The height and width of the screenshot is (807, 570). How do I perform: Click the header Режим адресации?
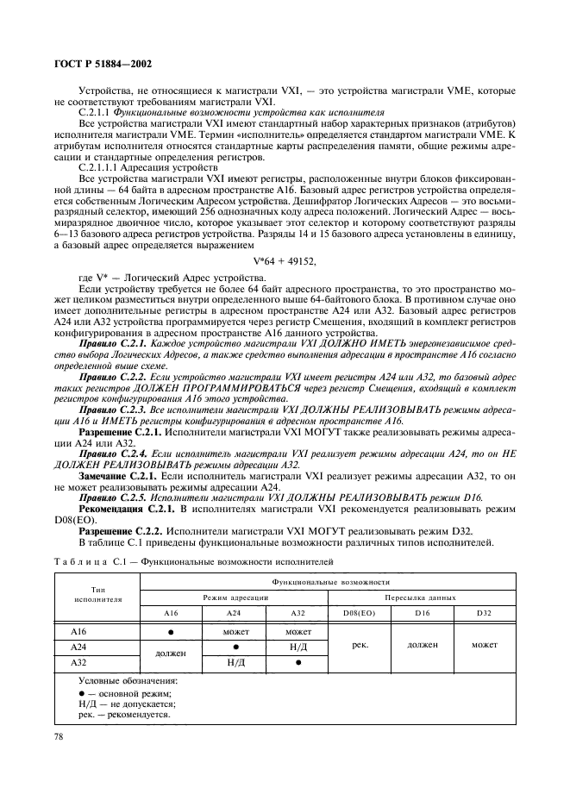click(x=234, y=597)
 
